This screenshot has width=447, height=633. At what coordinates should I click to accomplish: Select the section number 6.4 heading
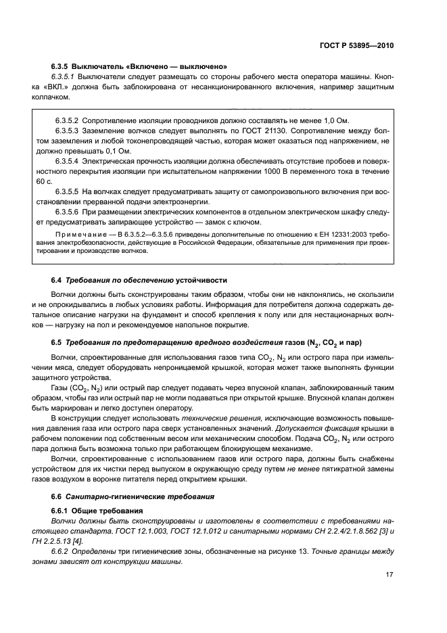point(56,280)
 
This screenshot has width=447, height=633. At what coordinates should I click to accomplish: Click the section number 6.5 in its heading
point(56,342)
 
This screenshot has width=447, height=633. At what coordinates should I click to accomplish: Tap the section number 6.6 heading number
point(56,496)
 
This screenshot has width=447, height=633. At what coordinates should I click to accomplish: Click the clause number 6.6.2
point(62,552)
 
